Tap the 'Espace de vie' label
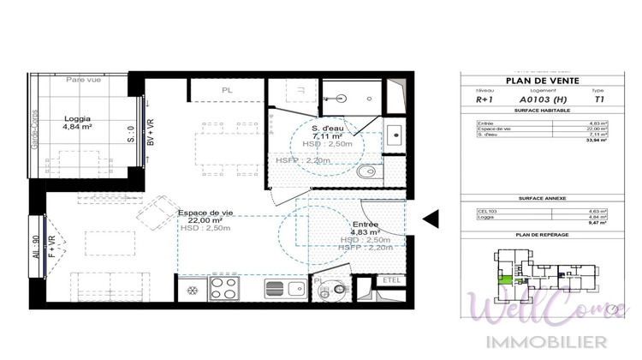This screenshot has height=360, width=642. pos(203,213)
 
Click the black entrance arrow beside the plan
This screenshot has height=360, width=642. pos(431,219)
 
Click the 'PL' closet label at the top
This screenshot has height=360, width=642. pos(226,89)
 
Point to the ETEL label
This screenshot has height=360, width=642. pos(392,280)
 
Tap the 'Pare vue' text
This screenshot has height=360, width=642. pos(85,79)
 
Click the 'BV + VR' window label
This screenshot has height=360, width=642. pos(151,132)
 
